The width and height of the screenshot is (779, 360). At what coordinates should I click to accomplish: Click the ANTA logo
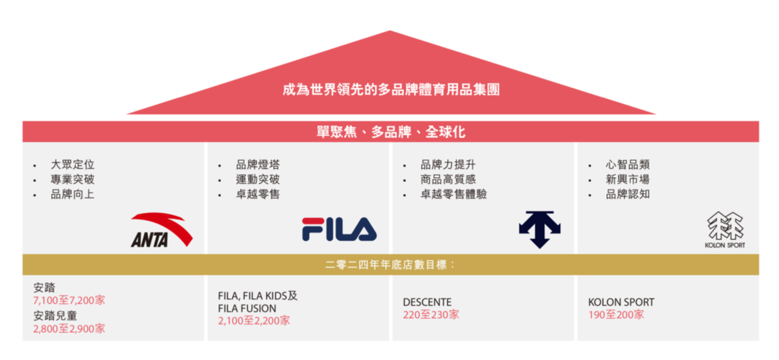(162, 230)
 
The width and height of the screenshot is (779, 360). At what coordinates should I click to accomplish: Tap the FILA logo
(339, 229)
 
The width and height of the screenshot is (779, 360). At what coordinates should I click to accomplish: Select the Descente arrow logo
(540, 230)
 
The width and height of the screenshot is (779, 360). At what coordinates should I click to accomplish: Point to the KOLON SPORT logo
(725, 230)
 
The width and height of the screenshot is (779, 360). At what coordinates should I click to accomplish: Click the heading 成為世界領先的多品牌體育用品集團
(391, 90)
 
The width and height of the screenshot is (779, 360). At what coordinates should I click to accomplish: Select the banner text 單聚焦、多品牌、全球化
(391, 132)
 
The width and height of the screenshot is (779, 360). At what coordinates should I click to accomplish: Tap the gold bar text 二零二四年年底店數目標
(386, 265)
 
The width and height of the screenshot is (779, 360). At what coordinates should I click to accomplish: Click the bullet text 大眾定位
(72, 164)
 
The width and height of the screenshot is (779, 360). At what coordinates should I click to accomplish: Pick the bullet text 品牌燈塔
(257, 164)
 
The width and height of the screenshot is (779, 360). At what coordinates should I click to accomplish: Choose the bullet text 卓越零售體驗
(454, 194)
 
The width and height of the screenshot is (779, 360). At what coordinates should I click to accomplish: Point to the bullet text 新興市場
(628, 179)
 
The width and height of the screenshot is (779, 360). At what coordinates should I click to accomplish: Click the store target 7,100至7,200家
(69, 300)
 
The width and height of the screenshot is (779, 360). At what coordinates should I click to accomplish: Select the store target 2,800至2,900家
(69, 329)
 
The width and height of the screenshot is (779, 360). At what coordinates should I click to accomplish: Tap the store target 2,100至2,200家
(254, 320)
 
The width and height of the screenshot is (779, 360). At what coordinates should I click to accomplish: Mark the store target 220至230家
(431, 315)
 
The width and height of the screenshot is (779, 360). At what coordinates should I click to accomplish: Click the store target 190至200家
(616, 315)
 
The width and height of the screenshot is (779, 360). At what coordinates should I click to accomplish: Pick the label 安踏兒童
(55, 316)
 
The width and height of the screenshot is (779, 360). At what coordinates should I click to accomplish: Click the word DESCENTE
(427, 302)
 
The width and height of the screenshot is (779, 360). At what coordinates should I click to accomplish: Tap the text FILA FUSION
(247, 309)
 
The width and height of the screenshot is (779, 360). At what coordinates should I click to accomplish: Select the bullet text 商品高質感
(448, 179)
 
